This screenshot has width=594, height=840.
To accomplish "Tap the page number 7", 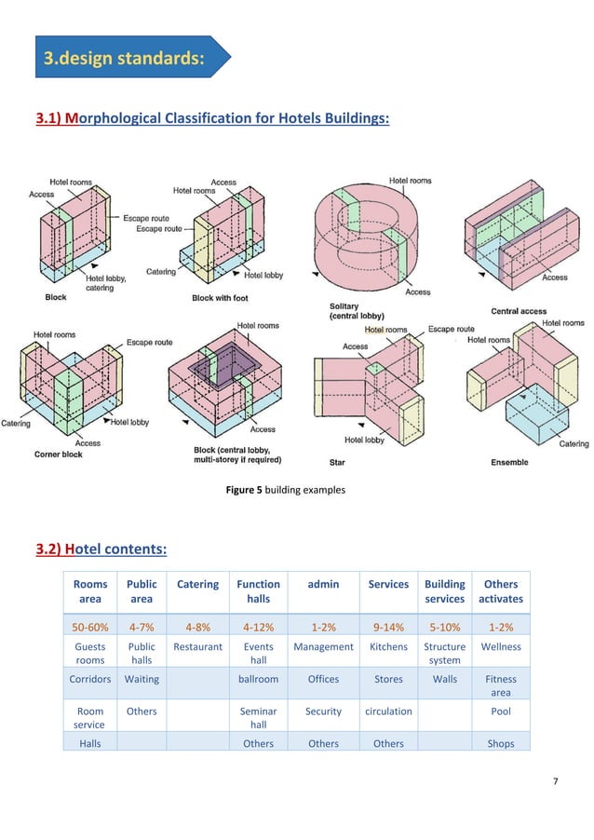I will click(x=556, y=780).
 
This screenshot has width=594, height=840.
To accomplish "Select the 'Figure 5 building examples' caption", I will click(x=286, y=488).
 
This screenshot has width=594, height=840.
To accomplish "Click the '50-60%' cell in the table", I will click(x=89, y=627).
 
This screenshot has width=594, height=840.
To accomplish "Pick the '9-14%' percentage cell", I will click(x=388, y=627).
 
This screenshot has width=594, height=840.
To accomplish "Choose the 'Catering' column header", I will click(x=197, y=585).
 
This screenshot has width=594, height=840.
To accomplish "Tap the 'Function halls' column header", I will click(x=258, y=591).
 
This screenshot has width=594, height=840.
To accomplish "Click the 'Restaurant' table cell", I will click(x=197, y=646).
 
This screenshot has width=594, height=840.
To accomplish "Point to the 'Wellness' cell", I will click(x=501, y=646).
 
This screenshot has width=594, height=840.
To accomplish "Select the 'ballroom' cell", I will click(x=258, y=679).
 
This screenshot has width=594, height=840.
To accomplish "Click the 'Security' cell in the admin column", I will click(x=323, y=711).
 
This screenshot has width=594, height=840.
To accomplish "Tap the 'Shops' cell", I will click(x=501, y=743).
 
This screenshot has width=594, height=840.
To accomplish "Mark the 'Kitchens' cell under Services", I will click(x=388, y=646).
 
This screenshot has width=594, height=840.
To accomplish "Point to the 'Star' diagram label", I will click(x=337, y=461).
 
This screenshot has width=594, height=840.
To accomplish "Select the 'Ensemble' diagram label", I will click(x=508, y=462).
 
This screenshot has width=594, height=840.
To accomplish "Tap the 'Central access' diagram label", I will click(x=519, y=310).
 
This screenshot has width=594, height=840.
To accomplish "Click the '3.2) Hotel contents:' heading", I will click(x=101, y=549).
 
